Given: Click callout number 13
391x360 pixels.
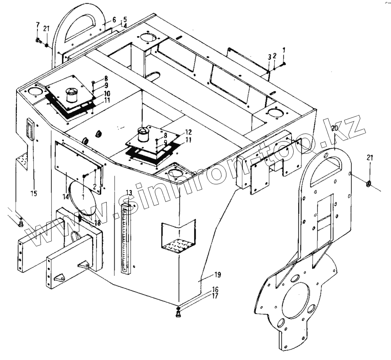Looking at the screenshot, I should point(129,192).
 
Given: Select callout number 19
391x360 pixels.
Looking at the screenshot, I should point(217,275).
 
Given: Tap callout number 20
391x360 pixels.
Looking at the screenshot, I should point(334,128).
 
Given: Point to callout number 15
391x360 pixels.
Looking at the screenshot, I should point(34,193).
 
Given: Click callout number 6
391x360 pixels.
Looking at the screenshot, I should point(114,19).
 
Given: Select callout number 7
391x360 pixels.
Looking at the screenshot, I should point(37,25).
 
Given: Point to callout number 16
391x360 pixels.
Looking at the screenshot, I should point(215,290).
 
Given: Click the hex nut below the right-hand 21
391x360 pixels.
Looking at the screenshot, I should point(368,184).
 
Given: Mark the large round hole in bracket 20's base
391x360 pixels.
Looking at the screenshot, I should point(299,301).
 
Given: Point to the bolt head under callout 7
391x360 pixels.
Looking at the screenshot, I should point(37,41).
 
